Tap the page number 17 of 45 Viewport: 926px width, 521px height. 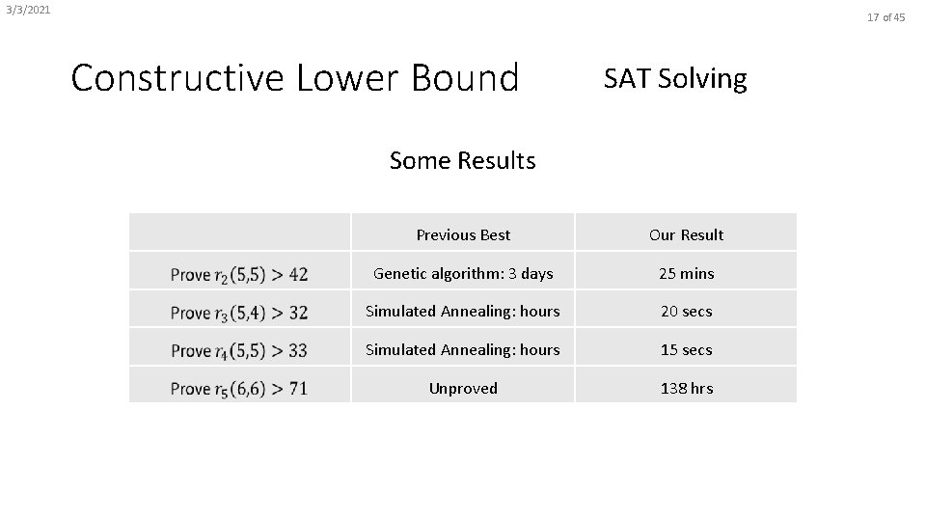885,17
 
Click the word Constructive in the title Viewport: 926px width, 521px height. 179,78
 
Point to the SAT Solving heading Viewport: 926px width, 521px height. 675,78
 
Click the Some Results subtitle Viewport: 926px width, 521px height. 462,160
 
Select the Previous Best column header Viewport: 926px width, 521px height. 463,234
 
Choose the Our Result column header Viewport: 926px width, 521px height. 686,234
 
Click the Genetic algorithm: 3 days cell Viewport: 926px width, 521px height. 463,273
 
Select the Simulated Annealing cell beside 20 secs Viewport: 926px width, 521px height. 463,312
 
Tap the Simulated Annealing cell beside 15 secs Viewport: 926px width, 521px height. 463,349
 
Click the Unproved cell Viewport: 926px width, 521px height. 463,388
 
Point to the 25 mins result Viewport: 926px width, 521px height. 686,273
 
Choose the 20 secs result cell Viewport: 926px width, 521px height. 686,312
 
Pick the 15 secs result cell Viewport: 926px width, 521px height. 686,349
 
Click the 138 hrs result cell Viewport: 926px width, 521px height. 686,388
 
